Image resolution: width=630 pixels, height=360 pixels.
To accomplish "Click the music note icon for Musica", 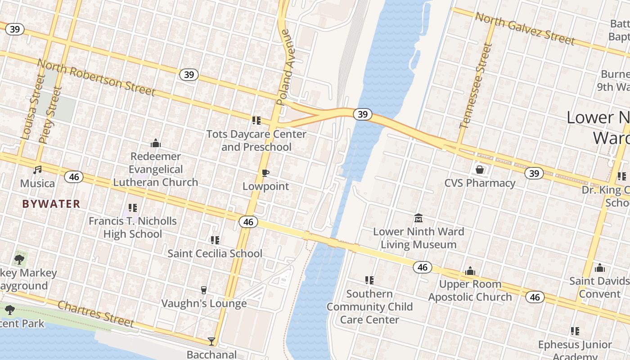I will tap(38, 170).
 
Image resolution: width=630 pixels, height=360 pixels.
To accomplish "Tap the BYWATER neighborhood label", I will tap(51, 204).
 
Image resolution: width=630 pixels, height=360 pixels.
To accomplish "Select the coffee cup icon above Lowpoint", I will tap(265, 173).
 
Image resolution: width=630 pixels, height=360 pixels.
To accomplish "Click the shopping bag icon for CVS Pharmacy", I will tap(480, 170).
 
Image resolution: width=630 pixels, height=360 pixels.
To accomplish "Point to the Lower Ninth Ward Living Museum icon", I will tap(418, 218).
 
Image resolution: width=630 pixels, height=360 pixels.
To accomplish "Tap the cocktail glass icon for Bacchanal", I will tap(211, 341).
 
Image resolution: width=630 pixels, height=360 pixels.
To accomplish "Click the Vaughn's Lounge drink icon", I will tap(204, 290).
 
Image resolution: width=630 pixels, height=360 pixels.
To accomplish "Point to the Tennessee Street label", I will tap(473, 85).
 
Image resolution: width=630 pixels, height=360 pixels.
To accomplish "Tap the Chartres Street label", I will tap(96, 314).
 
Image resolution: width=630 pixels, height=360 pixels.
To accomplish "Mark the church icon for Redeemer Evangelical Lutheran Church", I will tap(156, 143).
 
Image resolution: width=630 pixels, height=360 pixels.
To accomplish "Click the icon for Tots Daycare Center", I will tap(256, 120).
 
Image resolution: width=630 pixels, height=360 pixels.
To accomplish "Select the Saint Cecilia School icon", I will tap(215, 240).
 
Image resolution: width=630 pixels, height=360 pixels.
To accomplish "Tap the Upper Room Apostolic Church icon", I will tap(470, 271).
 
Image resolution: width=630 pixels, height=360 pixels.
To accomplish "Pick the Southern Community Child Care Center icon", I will tap(369, 280).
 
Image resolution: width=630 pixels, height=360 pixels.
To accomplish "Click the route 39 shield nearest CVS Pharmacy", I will tap(534, 173).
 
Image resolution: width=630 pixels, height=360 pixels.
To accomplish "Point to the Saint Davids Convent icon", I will tap(599, 268).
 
